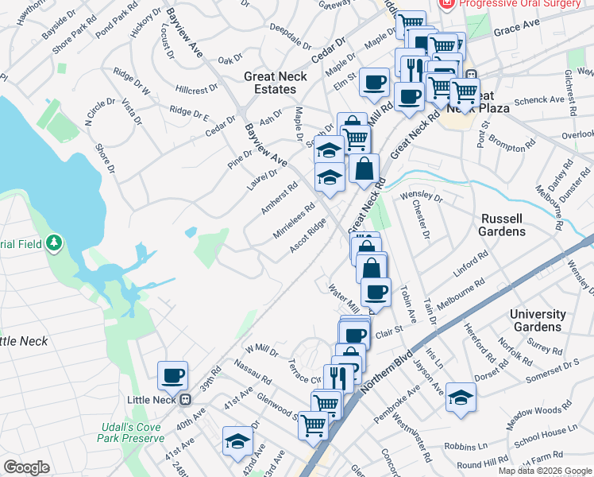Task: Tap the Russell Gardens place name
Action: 502,224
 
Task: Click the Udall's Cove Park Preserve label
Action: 132,432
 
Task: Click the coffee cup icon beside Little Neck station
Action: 172,374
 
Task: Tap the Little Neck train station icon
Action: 185,399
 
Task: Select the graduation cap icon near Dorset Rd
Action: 461,397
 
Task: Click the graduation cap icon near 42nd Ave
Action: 237,441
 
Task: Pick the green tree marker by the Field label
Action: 53,242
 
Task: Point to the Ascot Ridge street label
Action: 307,236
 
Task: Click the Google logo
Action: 27,467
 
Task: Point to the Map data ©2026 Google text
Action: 545,471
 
